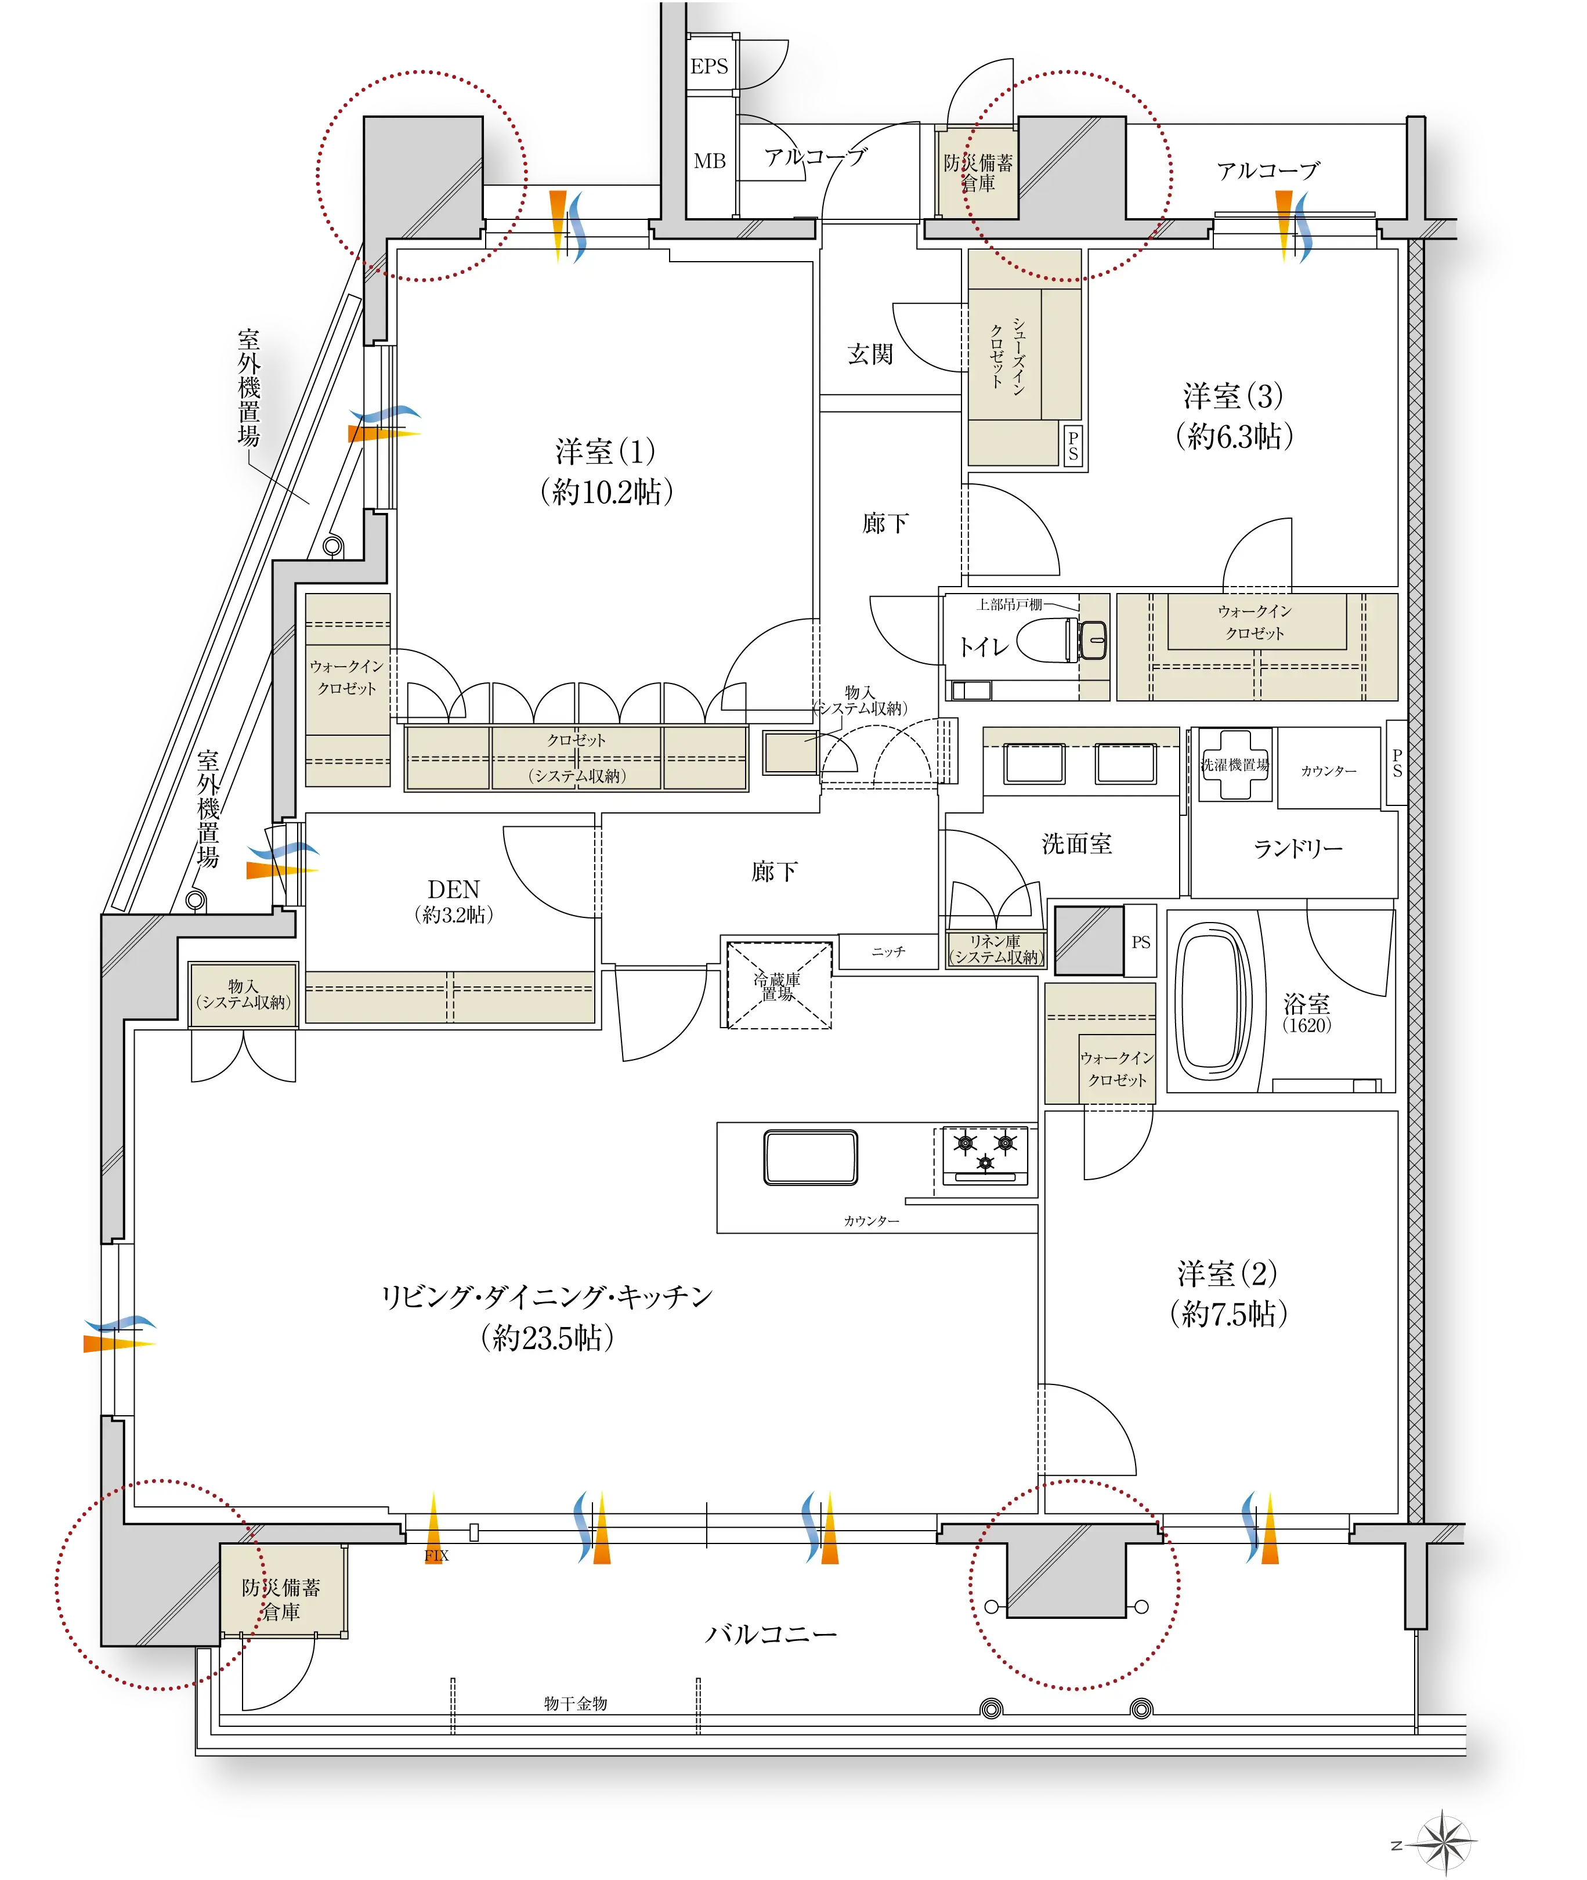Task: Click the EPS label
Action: [709, 67]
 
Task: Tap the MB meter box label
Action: [709, 161]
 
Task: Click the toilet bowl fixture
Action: [1062, 641]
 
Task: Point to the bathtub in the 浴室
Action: [1214, 1000]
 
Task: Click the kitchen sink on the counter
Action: [811, 1157]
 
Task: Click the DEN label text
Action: [453, 890]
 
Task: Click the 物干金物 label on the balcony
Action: [576, 1704]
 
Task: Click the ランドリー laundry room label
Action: [1297, 848]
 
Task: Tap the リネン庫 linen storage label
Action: [995, 941]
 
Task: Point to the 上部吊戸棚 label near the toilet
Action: [1010, 605]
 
